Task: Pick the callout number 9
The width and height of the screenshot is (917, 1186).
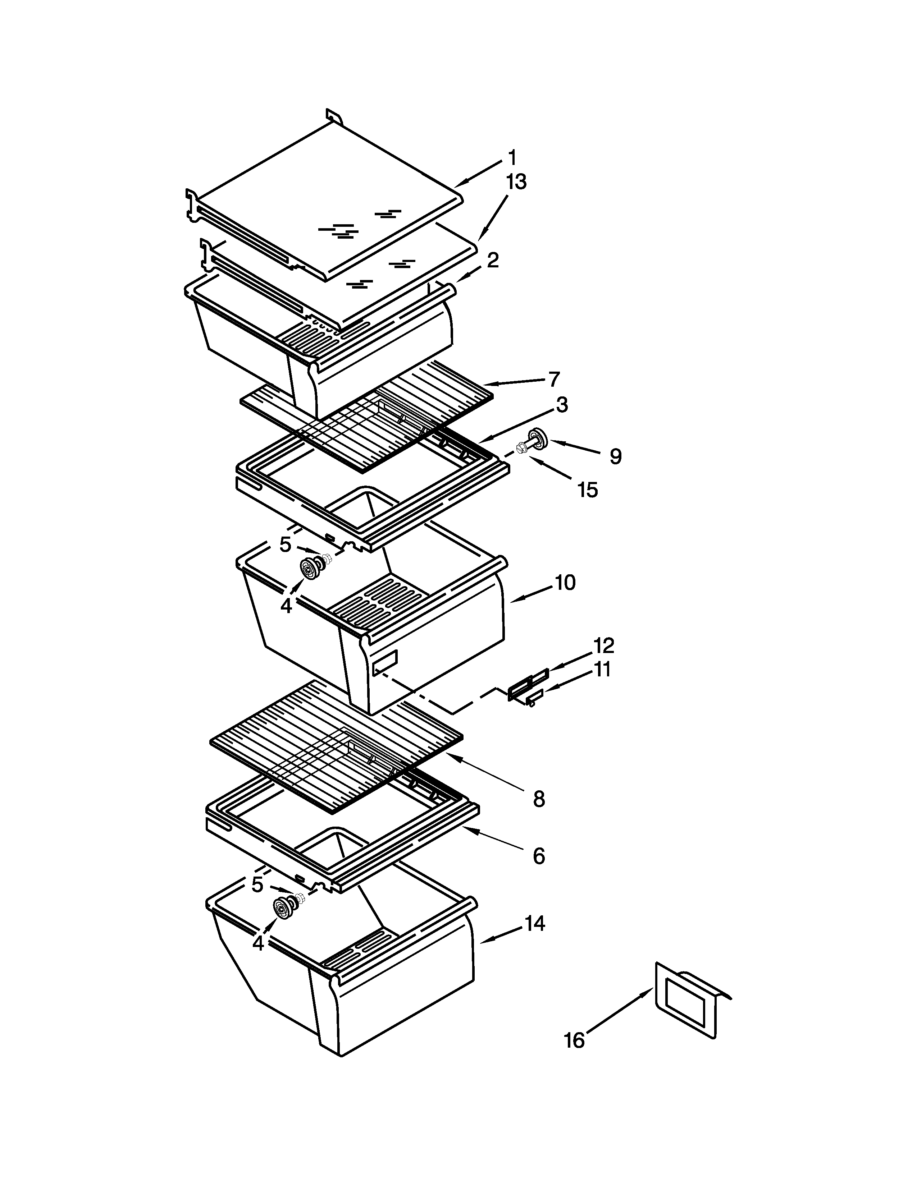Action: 615,456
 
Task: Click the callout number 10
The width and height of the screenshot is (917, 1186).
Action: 565,582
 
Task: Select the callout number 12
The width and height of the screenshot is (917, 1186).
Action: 603,646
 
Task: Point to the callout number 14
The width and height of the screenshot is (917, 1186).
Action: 534,923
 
